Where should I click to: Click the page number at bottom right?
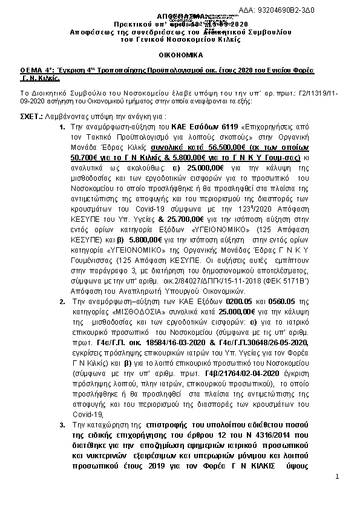337,477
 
